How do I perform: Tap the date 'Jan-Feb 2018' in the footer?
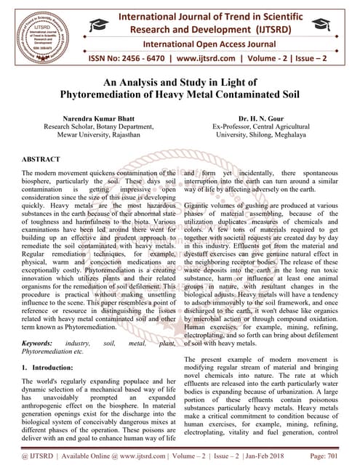pos(271,455)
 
